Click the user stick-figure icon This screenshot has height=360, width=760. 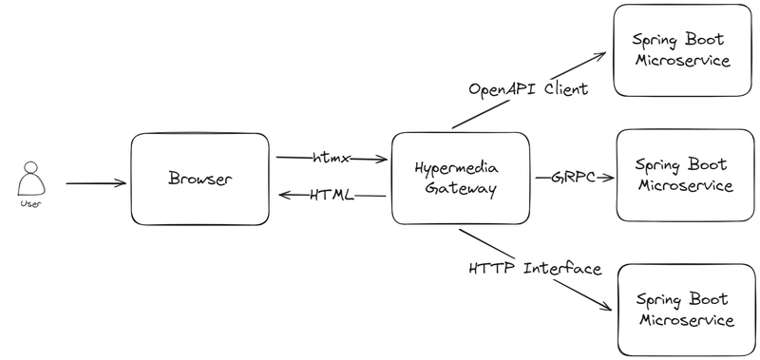[31, 179]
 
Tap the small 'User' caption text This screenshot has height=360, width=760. [31, 203]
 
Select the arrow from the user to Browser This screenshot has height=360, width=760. [96, 183]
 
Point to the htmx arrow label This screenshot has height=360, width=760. [331, 158]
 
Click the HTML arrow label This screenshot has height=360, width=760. [332, 196]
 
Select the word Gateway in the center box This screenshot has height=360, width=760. [461, 188]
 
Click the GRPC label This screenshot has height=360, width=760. [574, 178]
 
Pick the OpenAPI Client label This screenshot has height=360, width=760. [528, 88]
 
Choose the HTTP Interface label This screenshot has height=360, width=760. [535, 268]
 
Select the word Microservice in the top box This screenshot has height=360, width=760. [682, 61]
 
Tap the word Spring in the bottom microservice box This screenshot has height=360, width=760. [657, 300]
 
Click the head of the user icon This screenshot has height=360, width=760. [31, 167]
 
